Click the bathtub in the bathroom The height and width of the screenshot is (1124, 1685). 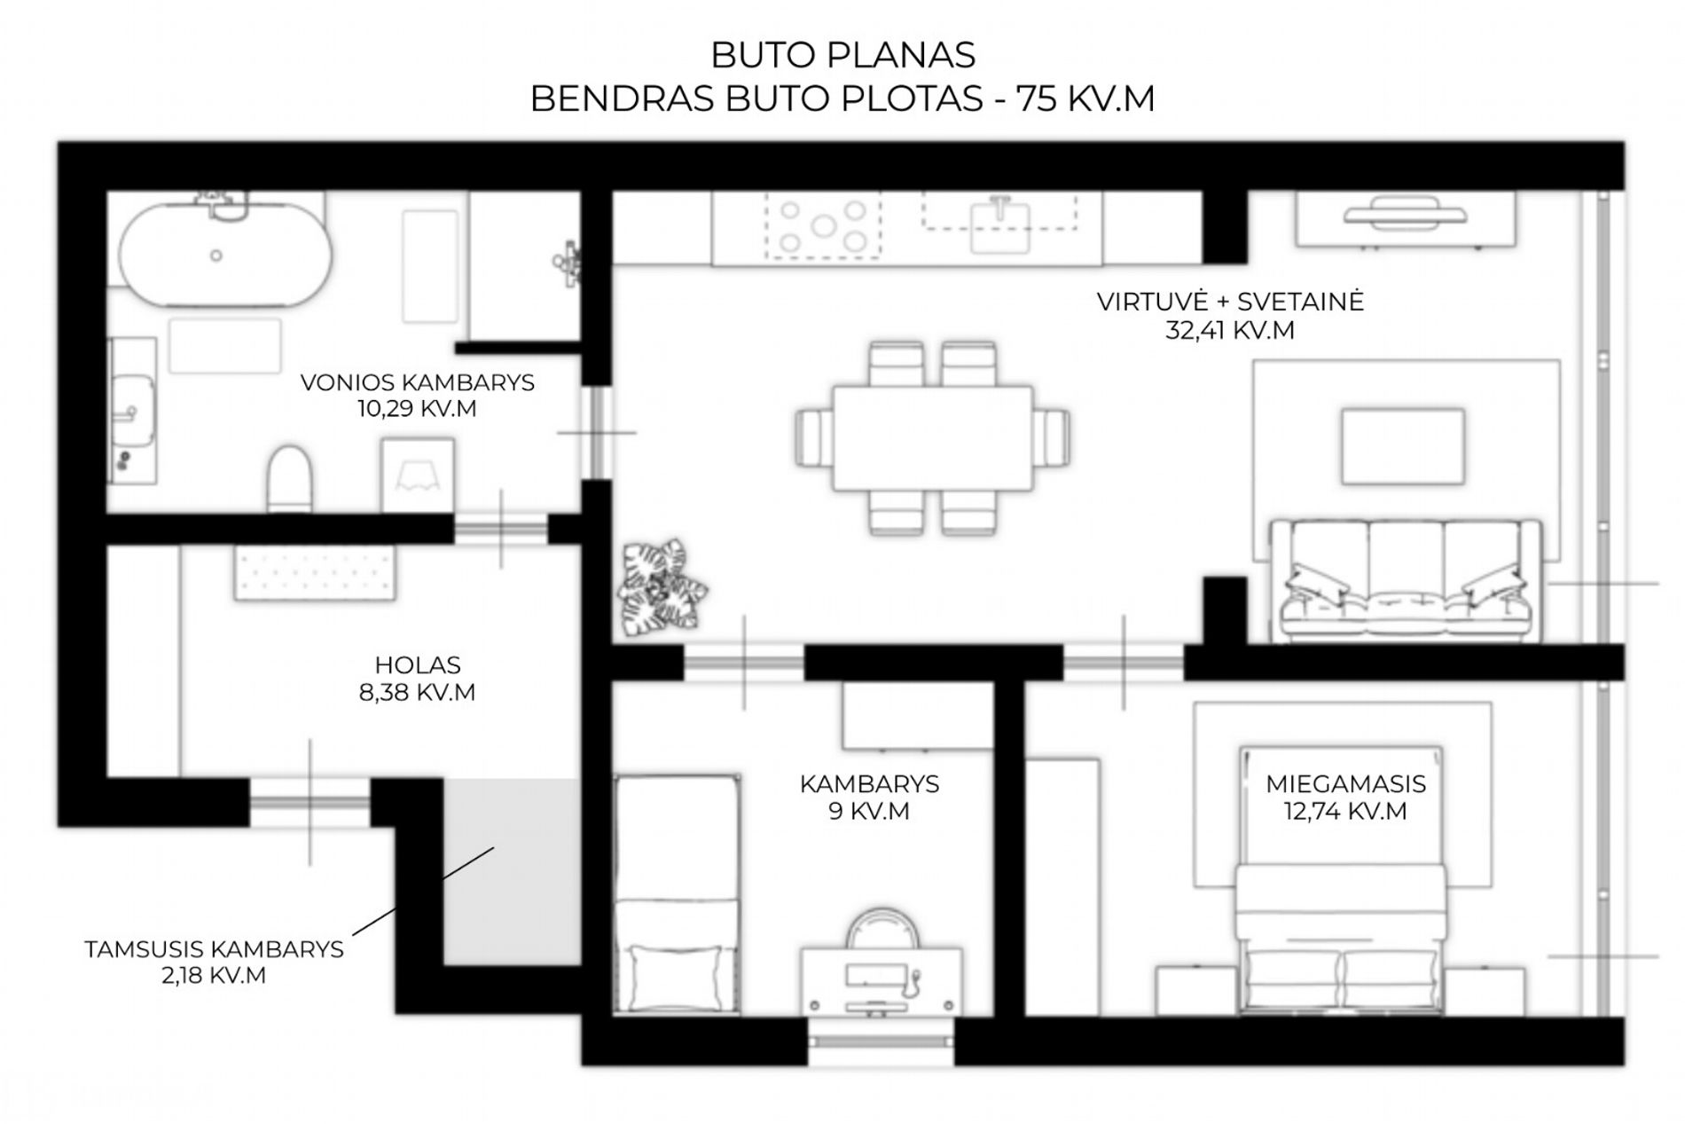click(x=225, y=255)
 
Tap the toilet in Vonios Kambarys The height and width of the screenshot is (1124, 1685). click(x=290, y=478)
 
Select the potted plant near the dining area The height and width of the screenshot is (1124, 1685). click(x=662, y=587)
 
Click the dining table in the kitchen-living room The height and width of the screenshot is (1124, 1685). click(x=932, y=437)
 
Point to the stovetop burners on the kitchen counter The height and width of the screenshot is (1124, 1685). click(x=823, y=225)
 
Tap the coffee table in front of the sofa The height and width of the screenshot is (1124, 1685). click(x=1402, y=445)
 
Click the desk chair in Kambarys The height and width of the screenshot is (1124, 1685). click(x=882, y=929)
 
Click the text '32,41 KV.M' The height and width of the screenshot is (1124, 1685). click(x=1229, y=330)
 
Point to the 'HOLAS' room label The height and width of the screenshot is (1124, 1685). click(x=418, y=664)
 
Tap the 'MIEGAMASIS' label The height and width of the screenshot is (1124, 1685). click(x=1345, y=784)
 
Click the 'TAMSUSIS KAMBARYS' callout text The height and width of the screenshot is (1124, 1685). click(x=214, y=949)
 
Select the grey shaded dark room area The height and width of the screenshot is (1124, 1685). click(x=512, y=872)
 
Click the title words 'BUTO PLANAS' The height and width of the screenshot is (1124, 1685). click(x=842, y=55)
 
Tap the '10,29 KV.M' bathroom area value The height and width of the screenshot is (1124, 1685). click(x=417, y=409)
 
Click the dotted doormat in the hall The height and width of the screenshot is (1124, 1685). click(x=315, y=572)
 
